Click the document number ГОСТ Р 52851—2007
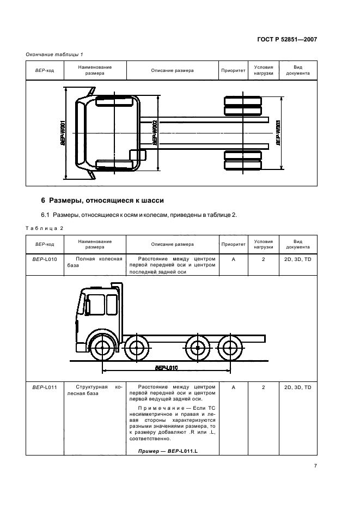pyautogui.click(x=288, y=39)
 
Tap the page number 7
pyautogui.click(x=315, y=466)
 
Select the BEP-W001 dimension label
pyautogui.click(x=64, y=132)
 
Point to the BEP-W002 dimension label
pyautogui.click(x=155, y=132)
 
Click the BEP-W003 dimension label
pyautogui.click(x=278, y=132)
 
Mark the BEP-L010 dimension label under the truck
pyautogui.click(x=166, y=368)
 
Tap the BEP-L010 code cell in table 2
pyautogui.click(x=45, y=260)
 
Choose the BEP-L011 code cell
pyautogui.click(x=45, y=387)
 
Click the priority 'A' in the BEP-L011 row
pyautogui.click(x=234, y=387)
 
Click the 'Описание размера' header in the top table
pyautogui.click(x=172, y=70)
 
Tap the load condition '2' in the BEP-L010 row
pyautogui.click(x=264, y=260)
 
